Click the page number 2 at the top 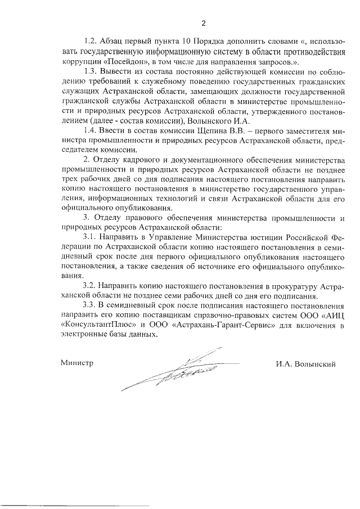(204, 23)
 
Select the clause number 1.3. (91, 71)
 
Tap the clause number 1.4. (91, 131)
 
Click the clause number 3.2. (91, 286)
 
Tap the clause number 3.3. (91, 305)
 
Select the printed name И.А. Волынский (305, 363)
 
